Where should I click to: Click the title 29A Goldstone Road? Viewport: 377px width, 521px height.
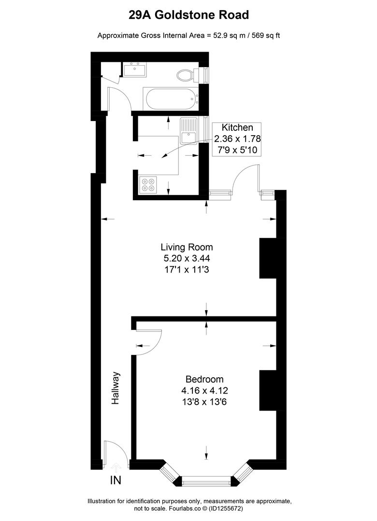click(188, 15)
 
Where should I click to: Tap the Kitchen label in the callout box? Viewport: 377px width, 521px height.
click(237, 128)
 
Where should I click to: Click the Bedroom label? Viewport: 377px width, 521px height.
click(205, 379)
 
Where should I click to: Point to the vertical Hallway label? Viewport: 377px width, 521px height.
click(116, 388)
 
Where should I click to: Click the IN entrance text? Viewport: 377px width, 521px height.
click(116, 480)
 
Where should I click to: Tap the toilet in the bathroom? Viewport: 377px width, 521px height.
click(186, 75)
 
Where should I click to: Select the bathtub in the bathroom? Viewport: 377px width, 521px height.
click(172, 99)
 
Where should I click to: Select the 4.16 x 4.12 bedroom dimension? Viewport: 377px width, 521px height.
click(205, 390)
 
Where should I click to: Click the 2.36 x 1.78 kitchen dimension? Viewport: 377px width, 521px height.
click(237, 139)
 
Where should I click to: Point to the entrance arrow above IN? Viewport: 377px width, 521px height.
click(116, 467)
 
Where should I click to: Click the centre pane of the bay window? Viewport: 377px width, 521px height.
click(206, 480)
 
